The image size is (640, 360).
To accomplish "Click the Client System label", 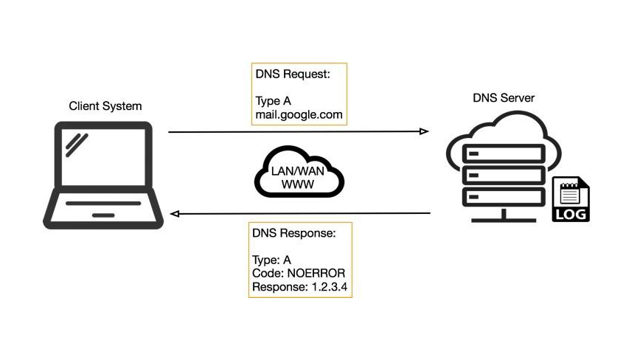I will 105,106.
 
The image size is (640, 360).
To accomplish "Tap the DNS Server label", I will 504,98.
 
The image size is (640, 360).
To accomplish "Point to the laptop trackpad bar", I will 103,215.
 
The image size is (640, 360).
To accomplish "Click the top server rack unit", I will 504,155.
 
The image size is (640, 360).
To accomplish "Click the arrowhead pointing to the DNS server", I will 424,132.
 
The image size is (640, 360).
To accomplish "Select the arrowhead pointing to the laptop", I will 175,214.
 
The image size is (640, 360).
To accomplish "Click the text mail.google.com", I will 299,116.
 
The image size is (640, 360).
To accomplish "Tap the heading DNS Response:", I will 293,233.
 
